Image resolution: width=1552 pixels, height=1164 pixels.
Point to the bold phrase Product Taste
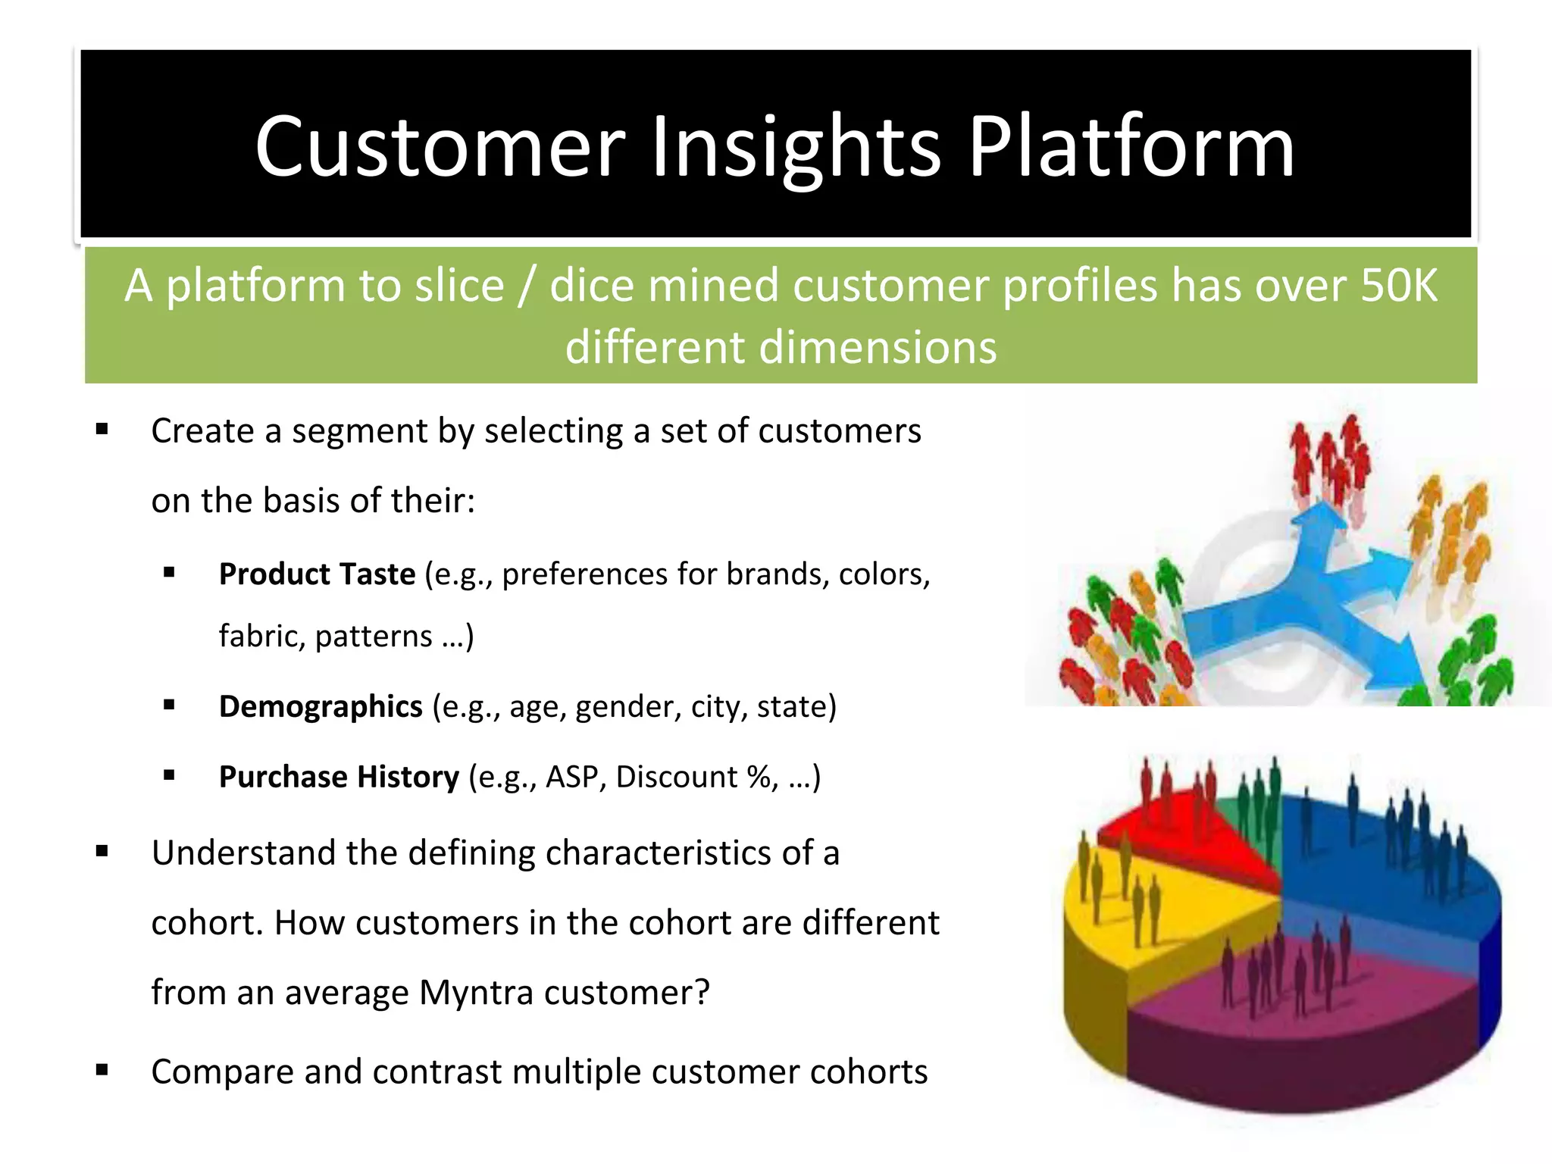317,574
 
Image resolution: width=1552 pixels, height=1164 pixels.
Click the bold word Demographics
321,706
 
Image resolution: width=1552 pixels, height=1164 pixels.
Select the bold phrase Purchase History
339,777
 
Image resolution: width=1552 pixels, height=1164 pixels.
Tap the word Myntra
476,993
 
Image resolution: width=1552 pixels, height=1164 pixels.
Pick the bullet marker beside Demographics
169,706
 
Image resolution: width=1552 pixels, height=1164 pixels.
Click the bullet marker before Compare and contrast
102,1071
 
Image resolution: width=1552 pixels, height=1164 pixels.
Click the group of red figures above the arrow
1330,462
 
